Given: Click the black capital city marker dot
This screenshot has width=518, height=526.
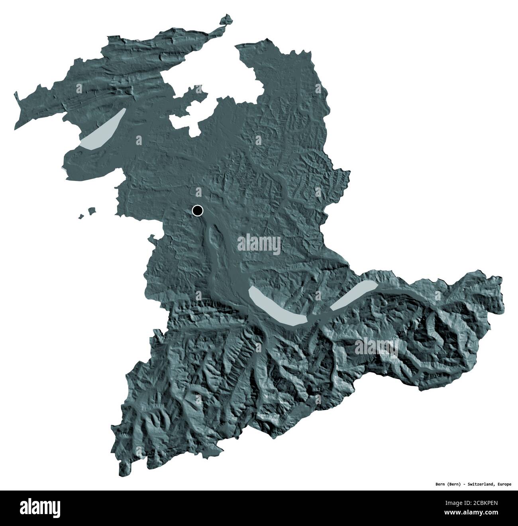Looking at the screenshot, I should click(197, 210).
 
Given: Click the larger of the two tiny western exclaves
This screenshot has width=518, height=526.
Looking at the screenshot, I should click(92, 210).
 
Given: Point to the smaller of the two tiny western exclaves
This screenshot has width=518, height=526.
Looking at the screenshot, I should click(80, 216).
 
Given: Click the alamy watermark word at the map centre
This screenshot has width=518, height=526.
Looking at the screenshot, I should click(259, 243).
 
